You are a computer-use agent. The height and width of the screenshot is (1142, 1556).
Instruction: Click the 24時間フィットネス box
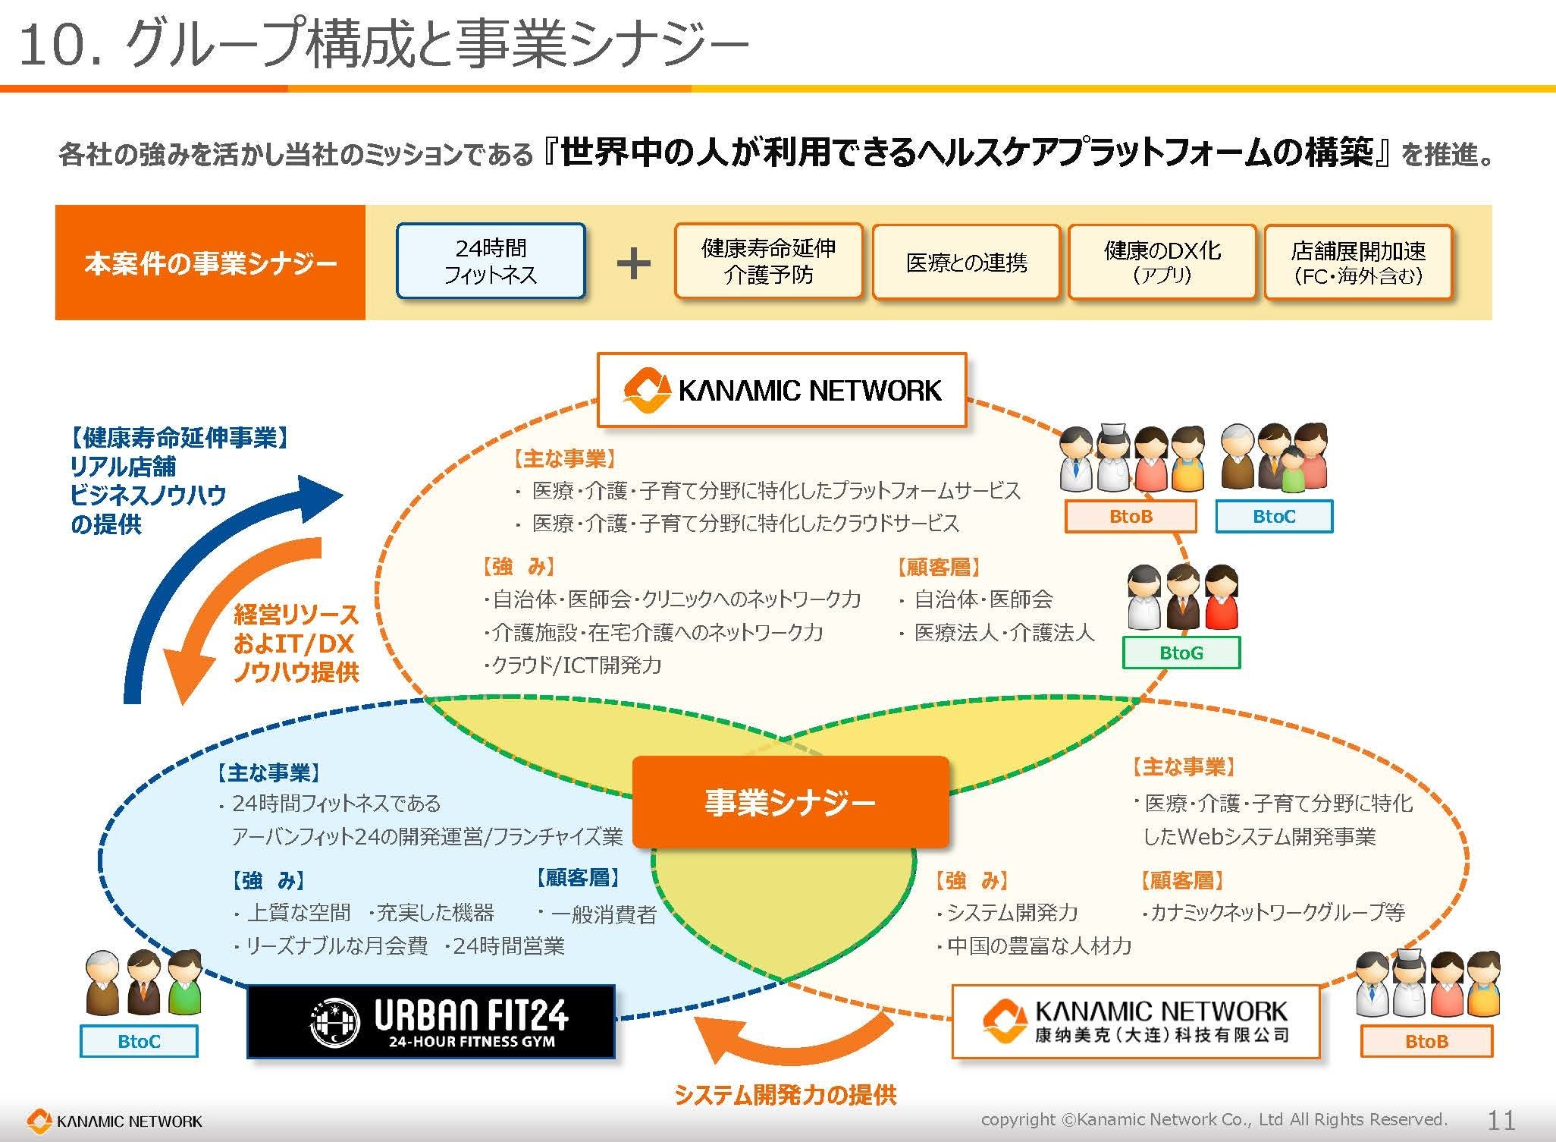[491, 261]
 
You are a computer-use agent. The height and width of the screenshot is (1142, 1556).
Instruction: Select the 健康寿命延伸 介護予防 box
[768, 261]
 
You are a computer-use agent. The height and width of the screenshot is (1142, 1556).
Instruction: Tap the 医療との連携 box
[966, 263]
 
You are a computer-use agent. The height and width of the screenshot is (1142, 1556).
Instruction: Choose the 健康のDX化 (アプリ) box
[1162, 263]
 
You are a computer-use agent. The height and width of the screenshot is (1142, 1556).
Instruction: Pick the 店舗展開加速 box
[1357, 263]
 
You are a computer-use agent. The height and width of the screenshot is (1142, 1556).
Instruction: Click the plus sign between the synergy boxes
[633, 264]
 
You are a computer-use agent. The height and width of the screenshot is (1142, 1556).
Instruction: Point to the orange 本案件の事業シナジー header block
[210, 263]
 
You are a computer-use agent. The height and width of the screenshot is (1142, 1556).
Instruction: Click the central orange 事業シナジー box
[790, 802]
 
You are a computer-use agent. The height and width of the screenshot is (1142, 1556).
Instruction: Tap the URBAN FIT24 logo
[431, 1021]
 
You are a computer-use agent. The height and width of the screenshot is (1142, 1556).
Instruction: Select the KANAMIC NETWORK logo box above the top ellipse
[782, 390]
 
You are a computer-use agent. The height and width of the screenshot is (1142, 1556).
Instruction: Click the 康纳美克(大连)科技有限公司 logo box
[1135, 1021]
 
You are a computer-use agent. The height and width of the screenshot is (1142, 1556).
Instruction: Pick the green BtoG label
[1181, 653]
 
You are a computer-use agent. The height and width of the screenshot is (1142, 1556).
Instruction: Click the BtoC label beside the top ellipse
[1274, 517]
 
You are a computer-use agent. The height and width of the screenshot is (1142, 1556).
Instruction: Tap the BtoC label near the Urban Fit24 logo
[139, 1041]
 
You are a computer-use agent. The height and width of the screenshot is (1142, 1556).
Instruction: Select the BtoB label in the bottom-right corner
[1426, 1041]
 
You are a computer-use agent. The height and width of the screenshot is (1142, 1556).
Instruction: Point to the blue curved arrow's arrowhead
[318, 497]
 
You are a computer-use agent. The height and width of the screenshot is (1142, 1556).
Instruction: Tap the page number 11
[1501, 1120]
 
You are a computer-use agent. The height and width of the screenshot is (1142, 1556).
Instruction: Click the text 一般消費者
[604, 914]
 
